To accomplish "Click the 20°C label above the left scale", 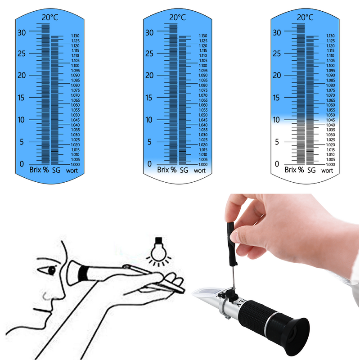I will tap(49, 18).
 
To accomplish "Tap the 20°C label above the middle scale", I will tap(177, 18).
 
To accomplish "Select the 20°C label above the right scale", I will tap(305, 18).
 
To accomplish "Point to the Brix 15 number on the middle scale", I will tap(150, 98).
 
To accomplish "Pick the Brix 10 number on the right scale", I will tap(278, 120).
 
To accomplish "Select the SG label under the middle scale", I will tap(184, 171).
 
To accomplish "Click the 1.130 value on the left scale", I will tap(75, 36).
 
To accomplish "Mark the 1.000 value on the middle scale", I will tap(203, 165).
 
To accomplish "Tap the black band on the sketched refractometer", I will tap(83, 273).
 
